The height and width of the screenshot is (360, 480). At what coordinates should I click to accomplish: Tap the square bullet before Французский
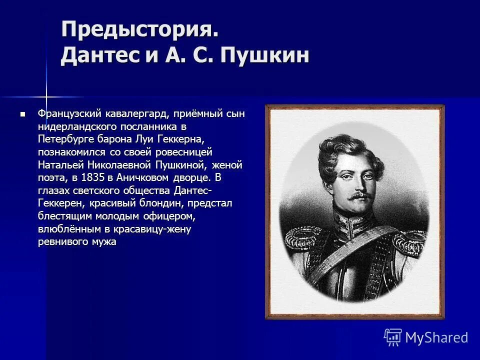[x=21, y=114]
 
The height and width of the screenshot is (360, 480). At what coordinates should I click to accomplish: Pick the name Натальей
[x=58, y=164]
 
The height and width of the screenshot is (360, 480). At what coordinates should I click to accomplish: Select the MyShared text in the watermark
[x=436, y=337]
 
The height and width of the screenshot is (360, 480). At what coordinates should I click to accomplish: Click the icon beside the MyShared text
[x=393, y=337]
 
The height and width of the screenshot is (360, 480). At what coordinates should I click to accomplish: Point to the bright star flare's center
[x=46, y=96]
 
